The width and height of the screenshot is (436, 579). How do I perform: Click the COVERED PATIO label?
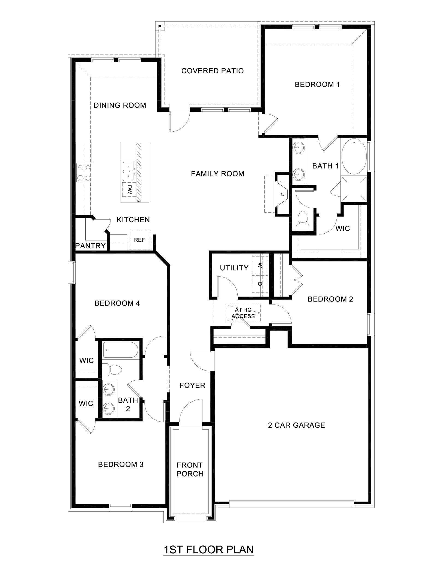click(212, 71)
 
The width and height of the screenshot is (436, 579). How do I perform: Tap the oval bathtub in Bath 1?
click(354, 155)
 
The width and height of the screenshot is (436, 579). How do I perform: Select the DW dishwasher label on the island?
click(130, 189)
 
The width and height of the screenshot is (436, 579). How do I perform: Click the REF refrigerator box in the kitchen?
click(139, 240)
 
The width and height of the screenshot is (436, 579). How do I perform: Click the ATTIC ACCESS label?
click(243, 313)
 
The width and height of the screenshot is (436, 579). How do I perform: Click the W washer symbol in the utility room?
click(260, 265)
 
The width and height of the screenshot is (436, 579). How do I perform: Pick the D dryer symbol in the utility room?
click(260, 284)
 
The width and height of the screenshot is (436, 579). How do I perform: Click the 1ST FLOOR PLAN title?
click(208, 550)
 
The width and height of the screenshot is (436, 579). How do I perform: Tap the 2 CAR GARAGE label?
click(296, 425)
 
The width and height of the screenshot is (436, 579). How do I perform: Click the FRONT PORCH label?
click(190, 469)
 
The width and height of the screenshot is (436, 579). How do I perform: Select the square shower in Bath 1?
click(354, 189)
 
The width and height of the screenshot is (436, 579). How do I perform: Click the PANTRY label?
click(90, 246)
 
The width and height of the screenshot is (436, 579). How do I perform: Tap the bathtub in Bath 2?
click(120, 350)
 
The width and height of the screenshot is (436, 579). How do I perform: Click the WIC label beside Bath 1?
click(343, 228)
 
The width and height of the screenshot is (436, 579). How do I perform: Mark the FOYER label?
click(192, 385)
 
